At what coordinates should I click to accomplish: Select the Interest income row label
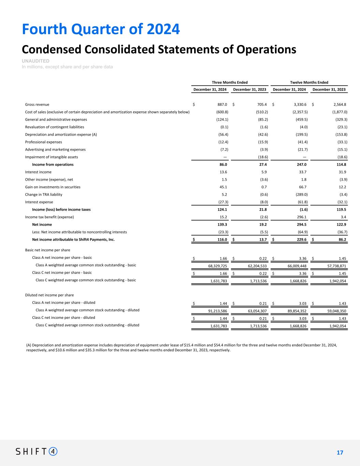pyautogui.click(x=38, y=172)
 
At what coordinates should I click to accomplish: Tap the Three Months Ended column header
pyautogui.click(x=230, y=82)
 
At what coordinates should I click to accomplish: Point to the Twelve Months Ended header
pyautogui.click(x=309, y=82)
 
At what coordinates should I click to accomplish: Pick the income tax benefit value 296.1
pyautogui.click(x=301, y=217)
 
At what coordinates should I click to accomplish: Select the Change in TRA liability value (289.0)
pyautogui.click(x=301, y=195)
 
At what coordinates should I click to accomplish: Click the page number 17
pyautogui.click(x=340, y=453)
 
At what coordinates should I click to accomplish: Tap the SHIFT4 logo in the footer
pyautogui.click(x=37, y=452)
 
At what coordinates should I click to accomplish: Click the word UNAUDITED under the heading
pyautogui.click(x=35, y=61)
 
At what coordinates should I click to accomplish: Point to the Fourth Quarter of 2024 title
pyautogui.click(x=101, y=29)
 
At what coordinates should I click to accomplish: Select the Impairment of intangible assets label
pyautogui.click(x=52, y=157)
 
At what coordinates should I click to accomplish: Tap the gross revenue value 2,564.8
pyautogui.click(x=338, y=104)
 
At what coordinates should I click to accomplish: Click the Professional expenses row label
pyautogui.click(x=44, y=142)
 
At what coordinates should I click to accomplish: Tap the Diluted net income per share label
pyautogui.click(x=49, y=295)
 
